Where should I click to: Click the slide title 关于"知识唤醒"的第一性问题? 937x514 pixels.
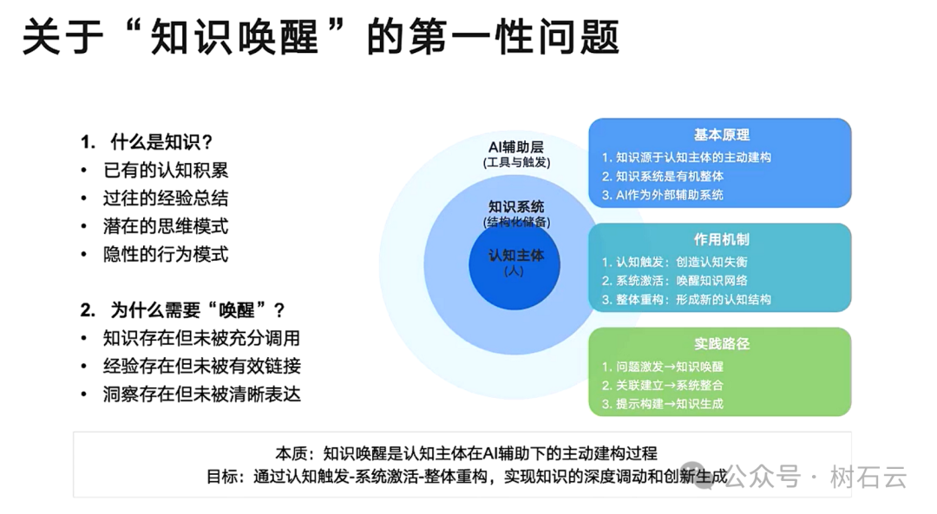(319, 39)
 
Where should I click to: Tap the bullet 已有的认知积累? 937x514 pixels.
(165, 170)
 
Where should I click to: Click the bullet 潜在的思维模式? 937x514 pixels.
(165, 226)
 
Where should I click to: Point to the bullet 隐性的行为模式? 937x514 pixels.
(165, 254)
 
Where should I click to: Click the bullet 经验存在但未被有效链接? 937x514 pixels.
(201, 366)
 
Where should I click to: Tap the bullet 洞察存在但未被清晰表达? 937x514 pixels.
(201, 394)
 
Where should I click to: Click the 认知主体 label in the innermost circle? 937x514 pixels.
(516, 256)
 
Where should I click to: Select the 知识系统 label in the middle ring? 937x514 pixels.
(516, 207)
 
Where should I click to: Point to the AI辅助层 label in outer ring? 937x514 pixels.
(516, 146)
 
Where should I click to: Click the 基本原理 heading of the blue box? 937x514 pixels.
(721, 135)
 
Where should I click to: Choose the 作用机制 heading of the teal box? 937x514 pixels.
(721, 240)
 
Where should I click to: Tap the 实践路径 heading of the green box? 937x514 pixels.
(721, 344)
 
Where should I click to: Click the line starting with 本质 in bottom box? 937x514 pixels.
(466, 453)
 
